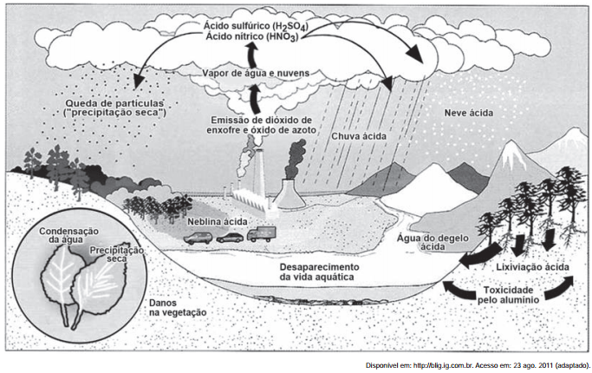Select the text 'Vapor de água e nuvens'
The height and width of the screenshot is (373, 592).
pyautogui.click(x=254, y=73)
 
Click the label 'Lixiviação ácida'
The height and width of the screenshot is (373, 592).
pyautogui.click(x=534, y=267)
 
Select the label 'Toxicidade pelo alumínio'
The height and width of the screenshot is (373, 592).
pyautogui.click(x=509, y=293)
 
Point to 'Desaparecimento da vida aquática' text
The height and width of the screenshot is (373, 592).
pyautogui.click(x=313, y=272)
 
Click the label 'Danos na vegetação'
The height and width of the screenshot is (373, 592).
pyautogui.click(x=178, y=308)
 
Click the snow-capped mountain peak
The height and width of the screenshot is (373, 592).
pyautogui.click(x=511, y=158)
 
